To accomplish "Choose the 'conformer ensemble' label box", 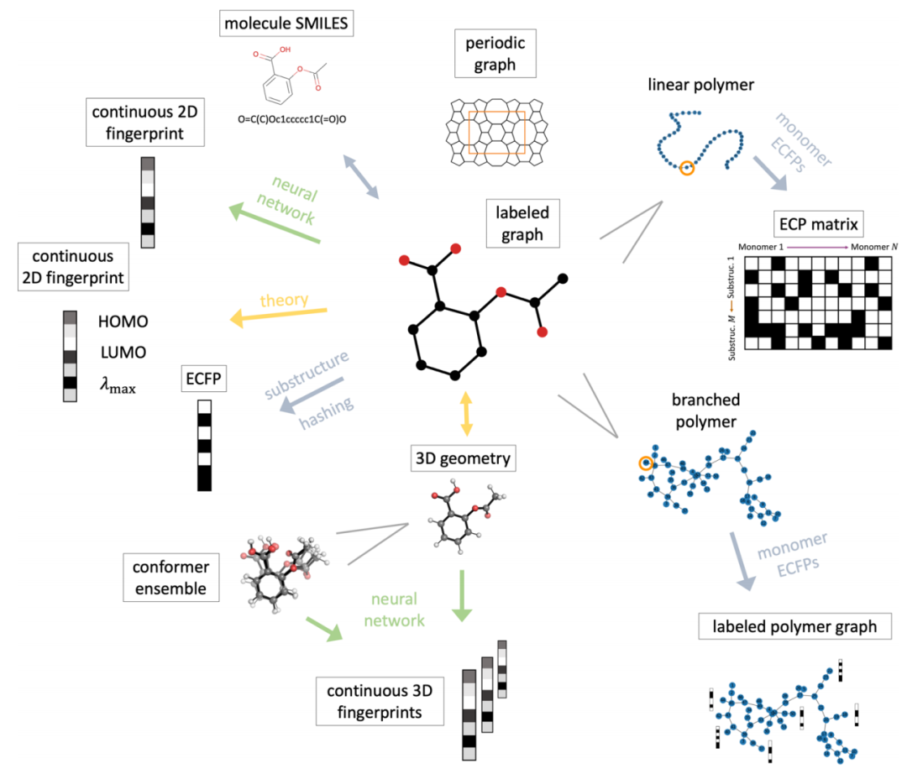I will click(170, 577).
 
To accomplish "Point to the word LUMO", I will click(123, 353).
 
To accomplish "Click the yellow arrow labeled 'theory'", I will click(278, 315).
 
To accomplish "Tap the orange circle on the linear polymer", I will click(687, 168).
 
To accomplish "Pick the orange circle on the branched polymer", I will click(645, 463).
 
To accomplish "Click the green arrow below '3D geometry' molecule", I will click(461, 597).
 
